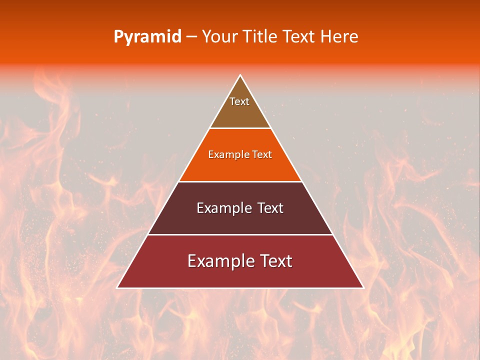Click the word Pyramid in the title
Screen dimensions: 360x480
point(147,37)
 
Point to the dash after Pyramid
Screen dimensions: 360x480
point(191,37)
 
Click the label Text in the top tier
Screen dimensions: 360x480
point(239,101)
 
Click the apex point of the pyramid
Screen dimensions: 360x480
point(240,75)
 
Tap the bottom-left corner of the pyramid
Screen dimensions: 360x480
point(117,287)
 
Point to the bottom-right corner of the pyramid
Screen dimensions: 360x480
point(363,287)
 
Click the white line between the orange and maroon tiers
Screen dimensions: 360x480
point(240,181)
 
